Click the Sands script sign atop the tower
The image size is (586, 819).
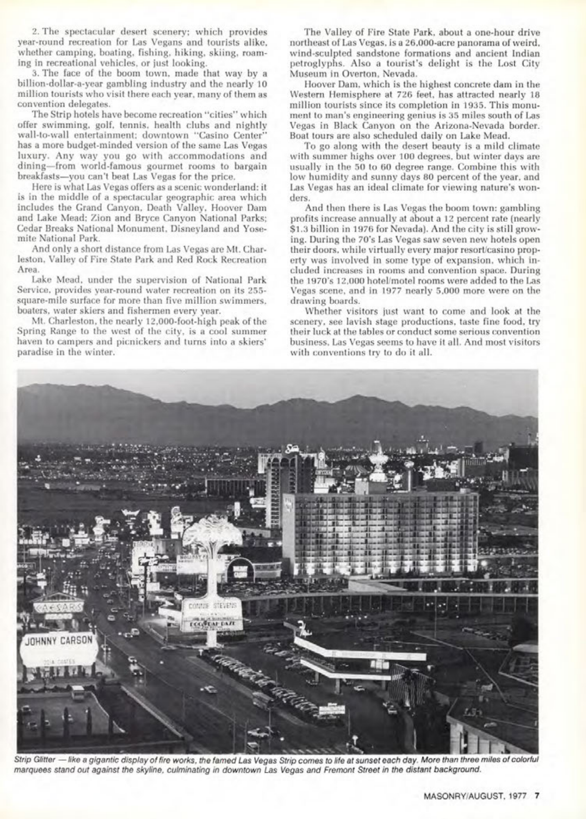291,449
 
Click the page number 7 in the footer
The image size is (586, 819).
537,794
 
